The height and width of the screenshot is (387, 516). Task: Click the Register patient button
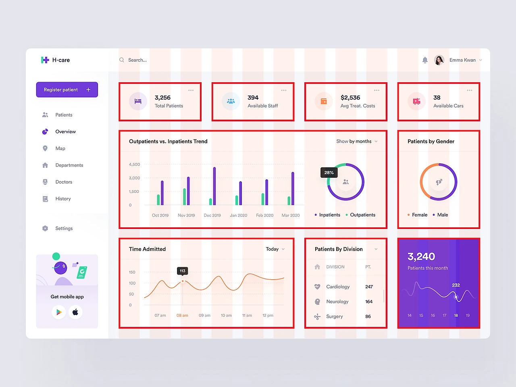[x=67, y=89]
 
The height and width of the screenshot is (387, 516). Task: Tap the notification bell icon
[x=425, y=60]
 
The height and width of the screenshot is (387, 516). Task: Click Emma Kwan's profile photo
[x=439, y=60]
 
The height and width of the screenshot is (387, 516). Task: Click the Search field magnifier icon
[x=121, y=60]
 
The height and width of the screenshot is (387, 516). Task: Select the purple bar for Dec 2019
[x=214, y=186]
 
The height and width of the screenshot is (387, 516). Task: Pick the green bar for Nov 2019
[x=185, y=197]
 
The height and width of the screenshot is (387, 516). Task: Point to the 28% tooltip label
[x=329, y=173]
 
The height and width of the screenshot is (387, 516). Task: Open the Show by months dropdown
[x=357, y=141]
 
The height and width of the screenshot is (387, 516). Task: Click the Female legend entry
[x=417, y=215]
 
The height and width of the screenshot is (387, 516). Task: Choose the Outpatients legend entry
[x=360, y=215]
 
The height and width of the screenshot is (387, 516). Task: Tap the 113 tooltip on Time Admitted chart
[x=183, y=271]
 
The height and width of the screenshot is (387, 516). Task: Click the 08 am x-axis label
[x=182, y=315]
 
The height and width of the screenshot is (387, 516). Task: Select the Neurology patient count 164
[x=369, y=302]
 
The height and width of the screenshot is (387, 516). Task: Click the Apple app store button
[x=75, y=312]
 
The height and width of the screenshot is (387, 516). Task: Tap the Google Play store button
[x=59, y=312]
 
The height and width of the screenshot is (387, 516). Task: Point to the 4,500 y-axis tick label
[x=134, y=164]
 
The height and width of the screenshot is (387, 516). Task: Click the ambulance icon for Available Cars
[x=416, y=101]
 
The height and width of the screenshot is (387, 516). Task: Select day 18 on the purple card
[x=456, y=315]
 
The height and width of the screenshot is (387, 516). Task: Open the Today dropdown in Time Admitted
[x=275, y=249]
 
